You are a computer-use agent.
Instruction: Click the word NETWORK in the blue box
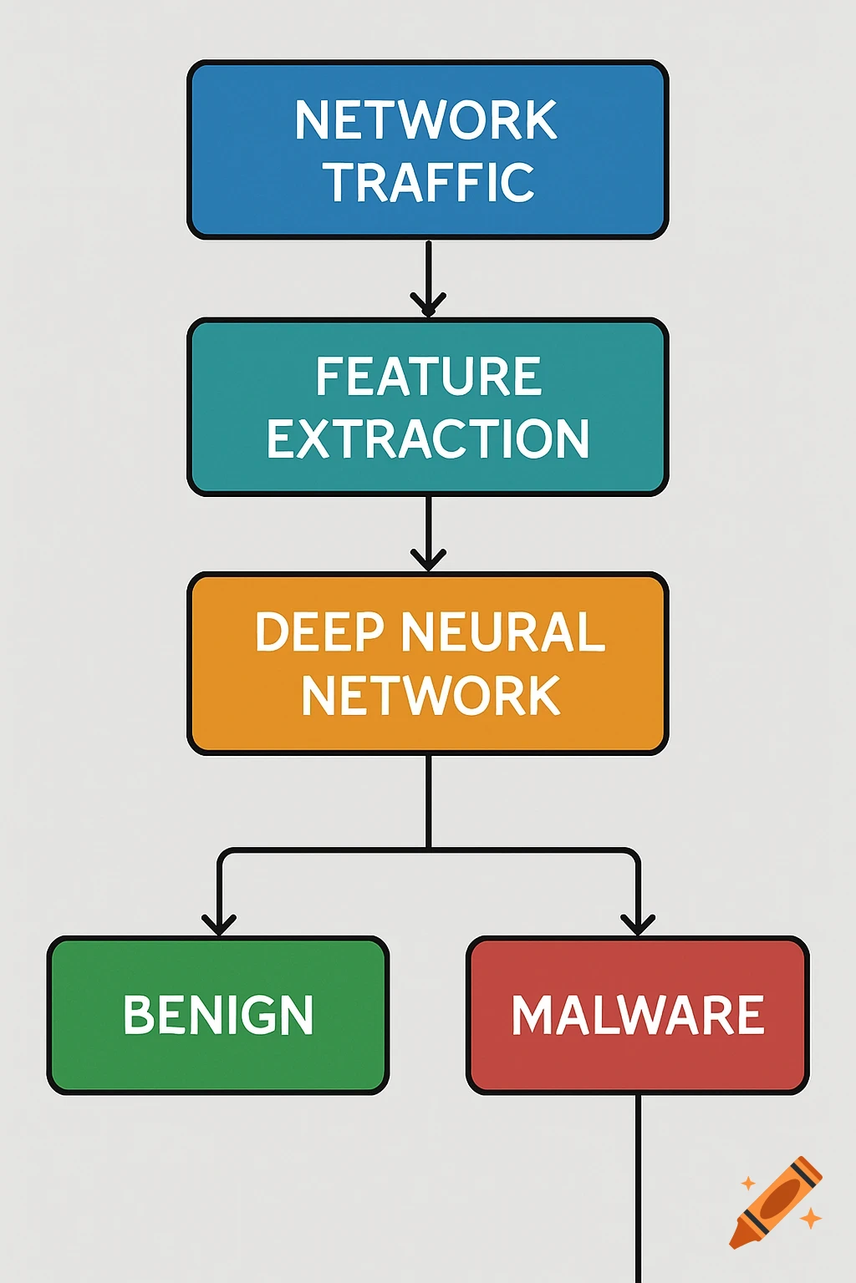426,120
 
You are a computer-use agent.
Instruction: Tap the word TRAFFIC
429,183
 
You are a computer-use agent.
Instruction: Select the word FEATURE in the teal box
428,377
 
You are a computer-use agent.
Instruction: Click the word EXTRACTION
428,439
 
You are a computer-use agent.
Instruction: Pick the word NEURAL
502,632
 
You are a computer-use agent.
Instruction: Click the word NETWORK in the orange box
430,696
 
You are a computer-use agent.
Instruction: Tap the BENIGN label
218,1016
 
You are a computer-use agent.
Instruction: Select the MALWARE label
638,1016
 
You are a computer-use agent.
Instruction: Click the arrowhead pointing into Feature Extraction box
428,304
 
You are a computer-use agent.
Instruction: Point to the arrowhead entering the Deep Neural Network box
428,560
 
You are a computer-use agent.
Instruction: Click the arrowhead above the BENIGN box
219,924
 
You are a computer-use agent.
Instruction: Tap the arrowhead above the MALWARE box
638,924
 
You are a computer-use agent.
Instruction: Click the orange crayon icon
776,1202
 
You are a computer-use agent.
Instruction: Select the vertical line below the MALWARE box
638,1186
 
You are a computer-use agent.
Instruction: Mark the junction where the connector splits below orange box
428,850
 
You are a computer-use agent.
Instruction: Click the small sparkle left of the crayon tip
748,1183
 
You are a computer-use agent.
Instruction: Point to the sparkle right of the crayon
810,1219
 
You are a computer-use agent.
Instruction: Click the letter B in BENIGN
138,1016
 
